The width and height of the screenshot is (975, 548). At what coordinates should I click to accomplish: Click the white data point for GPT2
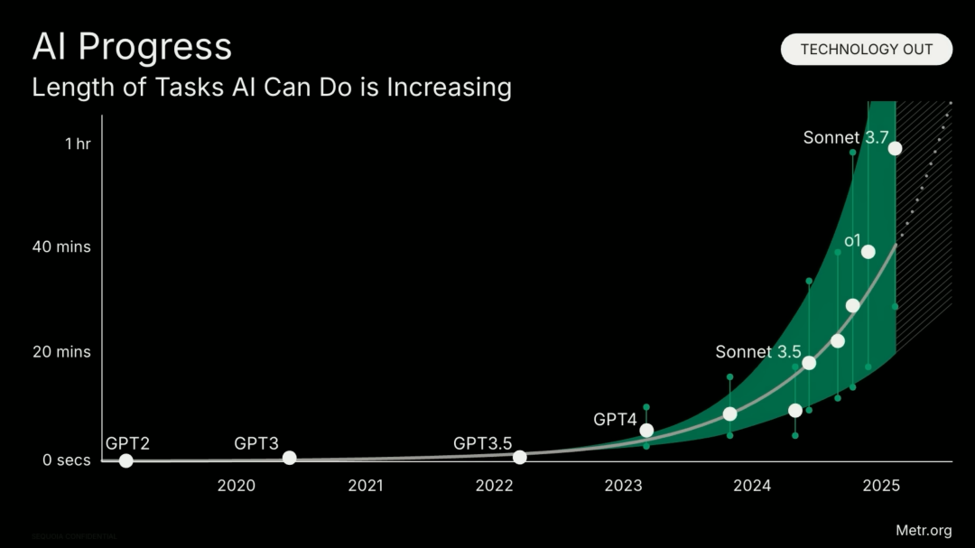(126, 461)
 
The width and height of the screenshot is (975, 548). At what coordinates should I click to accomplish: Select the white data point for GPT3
(290, 458)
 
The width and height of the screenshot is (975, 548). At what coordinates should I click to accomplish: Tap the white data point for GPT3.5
(520, 458)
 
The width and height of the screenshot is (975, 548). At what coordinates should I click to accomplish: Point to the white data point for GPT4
(646, 431)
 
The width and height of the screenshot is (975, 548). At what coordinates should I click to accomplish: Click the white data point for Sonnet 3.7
(895, 148)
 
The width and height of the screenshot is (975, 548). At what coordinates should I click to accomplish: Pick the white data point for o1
(868, 252)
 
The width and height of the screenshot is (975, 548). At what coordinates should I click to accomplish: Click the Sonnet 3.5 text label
(758, 352)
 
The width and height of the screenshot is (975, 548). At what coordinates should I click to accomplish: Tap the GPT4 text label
(615, 419)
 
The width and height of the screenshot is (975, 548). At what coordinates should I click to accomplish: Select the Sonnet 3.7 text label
(844, 138)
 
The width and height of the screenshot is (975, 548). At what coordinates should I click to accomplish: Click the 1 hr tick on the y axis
(78, 143)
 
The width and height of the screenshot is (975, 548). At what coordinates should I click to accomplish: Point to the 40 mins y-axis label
(62, 246)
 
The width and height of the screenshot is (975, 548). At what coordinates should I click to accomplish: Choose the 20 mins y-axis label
(62, 351)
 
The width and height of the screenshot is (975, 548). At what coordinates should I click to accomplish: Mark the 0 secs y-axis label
(67, 460)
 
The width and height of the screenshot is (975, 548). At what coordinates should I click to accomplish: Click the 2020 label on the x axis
(237, 486)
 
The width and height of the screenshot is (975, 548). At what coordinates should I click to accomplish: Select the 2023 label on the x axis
(623, 486)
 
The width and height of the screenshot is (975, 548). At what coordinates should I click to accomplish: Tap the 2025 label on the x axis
(881, 486)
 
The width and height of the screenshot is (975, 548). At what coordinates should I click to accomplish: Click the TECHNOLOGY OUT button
(867, 50)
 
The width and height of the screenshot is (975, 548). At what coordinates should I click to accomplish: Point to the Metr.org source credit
(924, 530)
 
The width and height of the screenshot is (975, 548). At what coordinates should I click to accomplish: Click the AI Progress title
(132, 47)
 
